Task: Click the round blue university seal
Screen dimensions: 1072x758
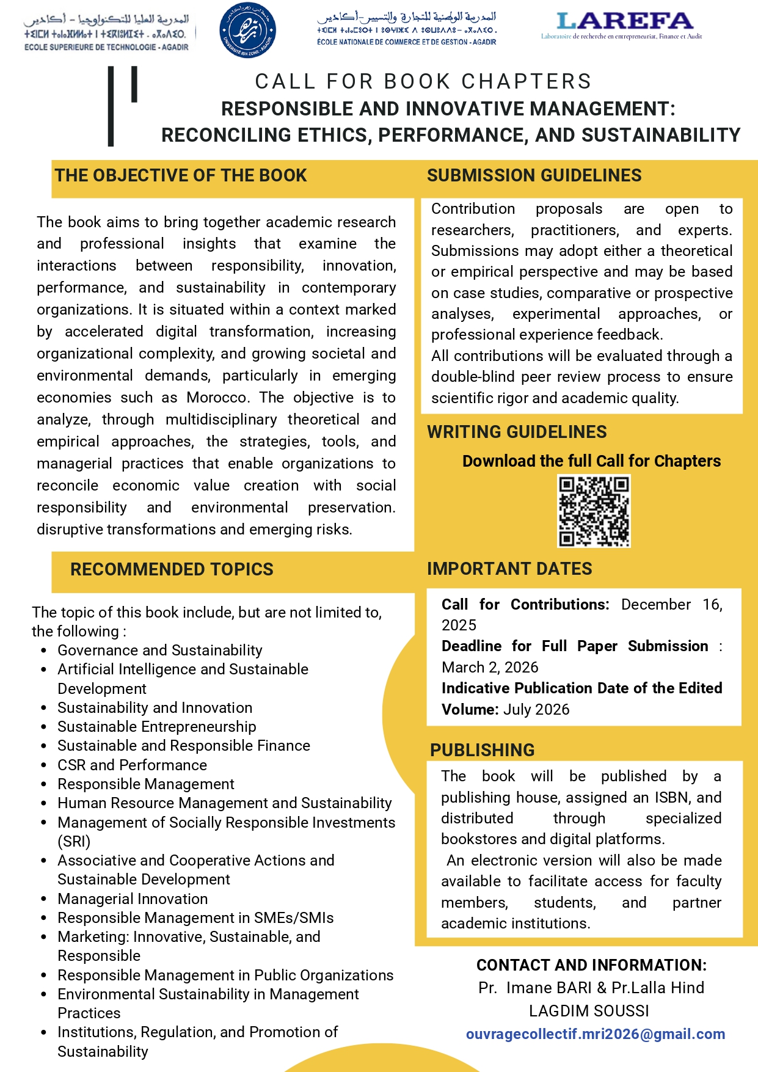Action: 247,30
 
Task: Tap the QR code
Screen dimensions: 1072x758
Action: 593,511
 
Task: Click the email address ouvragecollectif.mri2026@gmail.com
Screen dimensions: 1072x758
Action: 596,1034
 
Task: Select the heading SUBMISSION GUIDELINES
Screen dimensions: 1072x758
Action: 534,176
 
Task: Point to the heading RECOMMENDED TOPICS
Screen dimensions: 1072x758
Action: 172,569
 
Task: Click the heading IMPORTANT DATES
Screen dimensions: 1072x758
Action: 509,569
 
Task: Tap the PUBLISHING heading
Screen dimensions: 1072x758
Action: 482,750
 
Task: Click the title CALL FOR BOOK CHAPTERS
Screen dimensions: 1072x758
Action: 423,81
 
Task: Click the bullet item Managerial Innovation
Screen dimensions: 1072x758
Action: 133,899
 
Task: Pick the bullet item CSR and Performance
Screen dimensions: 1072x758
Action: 132,765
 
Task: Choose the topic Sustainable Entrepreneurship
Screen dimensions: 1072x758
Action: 156,726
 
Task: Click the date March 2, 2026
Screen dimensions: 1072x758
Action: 490,667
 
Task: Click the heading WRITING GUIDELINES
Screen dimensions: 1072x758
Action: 517,432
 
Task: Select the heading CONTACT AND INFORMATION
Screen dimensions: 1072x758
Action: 591,965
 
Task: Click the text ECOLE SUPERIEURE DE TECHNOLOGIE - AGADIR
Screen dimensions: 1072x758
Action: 106,47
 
